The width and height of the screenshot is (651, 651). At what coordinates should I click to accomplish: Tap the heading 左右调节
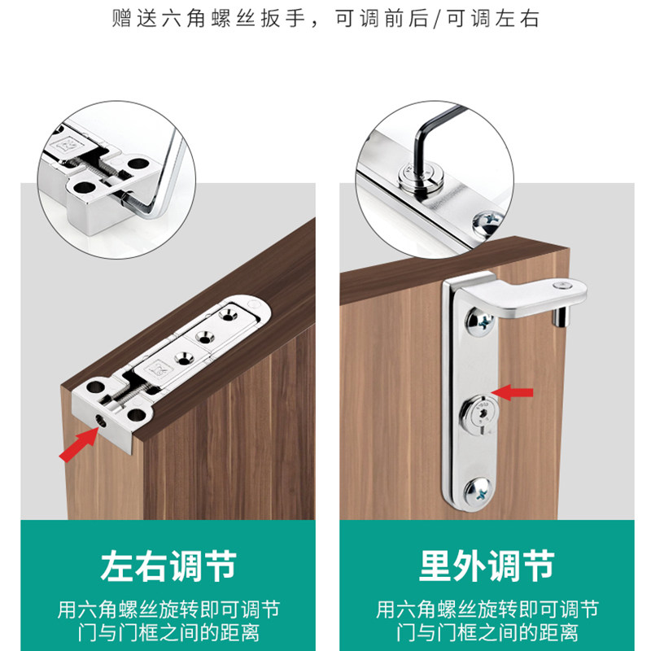pyautogui.click(x=168, y=566)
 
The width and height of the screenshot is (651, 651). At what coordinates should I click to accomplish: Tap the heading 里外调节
pyautogui.click(x=487, y=566)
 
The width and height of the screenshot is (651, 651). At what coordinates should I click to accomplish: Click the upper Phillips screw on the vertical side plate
pyautogui.click(x=479, y=321)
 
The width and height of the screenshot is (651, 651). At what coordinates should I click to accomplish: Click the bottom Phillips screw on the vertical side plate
pyautogui.click(x=478, y=493)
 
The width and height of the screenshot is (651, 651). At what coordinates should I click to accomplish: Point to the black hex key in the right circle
pyautogui.click(x=432, y=141)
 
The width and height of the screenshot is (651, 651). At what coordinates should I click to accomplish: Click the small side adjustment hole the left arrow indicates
pyautogui.click(x=99, y=421)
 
